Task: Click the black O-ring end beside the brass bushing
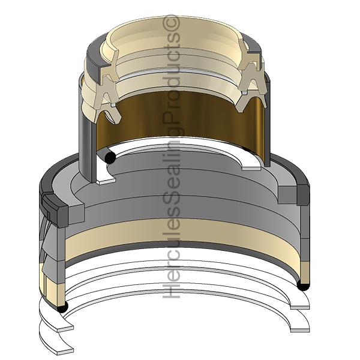tap(110, 158)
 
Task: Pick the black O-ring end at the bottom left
tap(62, 307)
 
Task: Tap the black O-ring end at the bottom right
tap(303, 285)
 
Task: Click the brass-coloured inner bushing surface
tap(181, 117)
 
